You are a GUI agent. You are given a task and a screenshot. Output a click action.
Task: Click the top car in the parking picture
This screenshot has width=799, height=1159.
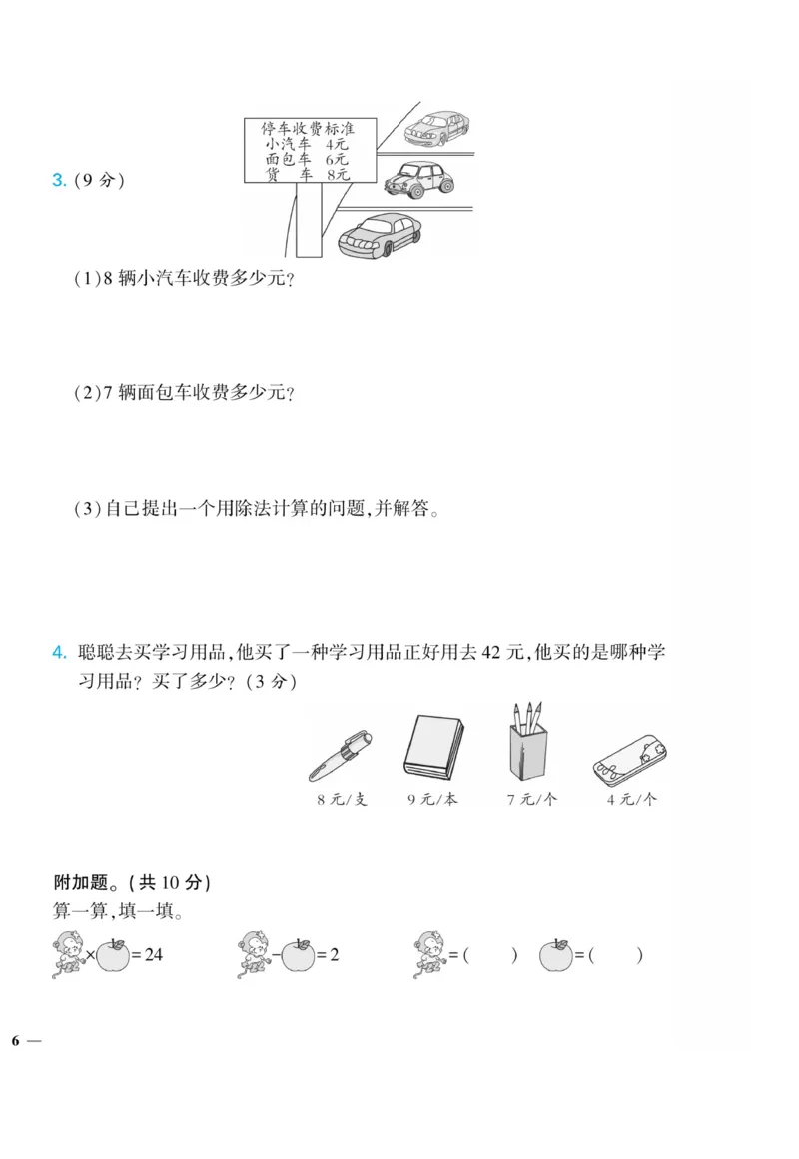tap(436, 126)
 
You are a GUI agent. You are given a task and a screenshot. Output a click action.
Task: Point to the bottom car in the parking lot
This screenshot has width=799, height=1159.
tap(376, 236)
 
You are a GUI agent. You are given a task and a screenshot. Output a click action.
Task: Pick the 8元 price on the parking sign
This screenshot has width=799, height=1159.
tap(336, 174)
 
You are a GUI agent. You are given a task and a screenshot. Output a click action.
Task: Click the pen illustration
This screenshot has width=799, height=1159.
tap(341, 754)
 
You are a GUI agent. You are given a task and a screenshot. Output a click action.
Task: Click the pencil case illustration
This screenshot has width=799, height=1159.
tap(629, 757)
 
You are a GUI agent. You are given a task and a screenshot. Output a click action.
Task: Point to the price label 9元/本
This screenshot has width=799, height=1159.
tap(432, 800)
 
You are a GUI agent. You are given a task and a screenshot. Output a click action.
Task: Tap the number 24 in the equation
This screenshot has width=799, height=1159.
tap(153, 955)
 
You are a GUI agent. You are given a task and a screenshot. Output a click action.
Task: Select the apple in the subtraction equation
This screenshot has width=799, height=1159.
tap(297, 955)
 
